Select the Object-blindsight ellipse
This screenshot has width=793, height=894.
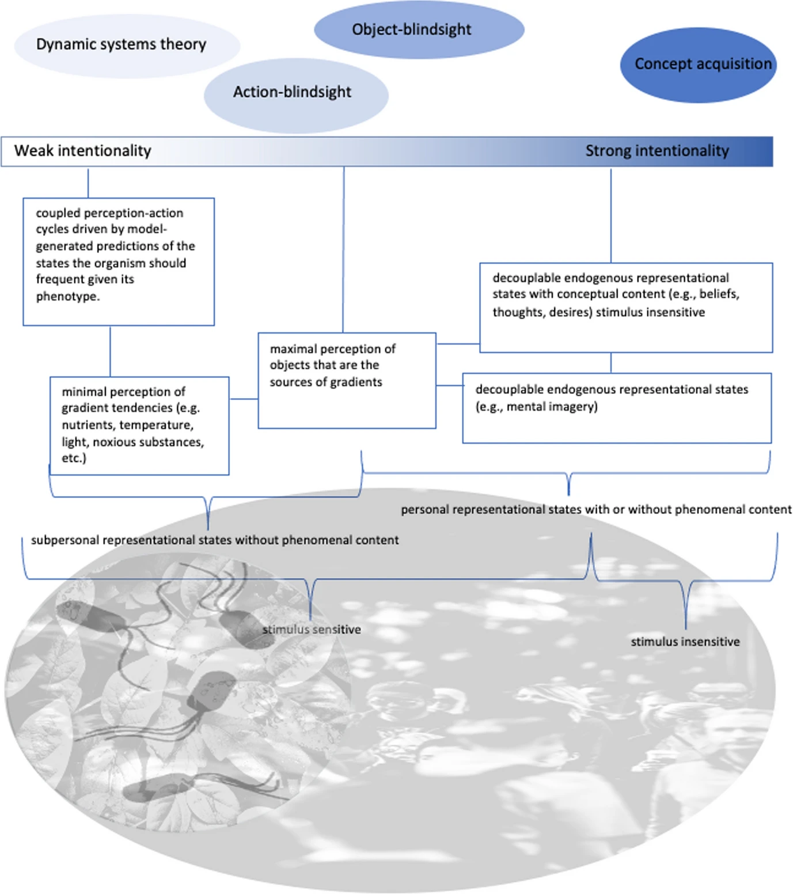click(x=419, y=29)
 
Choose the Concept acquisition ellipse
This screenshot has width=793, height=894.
click(x=698, y=65)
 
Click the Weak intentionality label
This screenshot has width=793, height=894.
click(x=83, y=151)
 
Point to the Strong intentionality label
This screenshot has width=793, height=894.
click(x=657, y=151)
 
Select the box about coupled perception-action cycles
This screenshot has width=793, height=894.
click(x=119, y=262)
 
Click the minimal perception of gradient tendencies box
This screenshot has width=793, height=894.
click(x=139, y=426)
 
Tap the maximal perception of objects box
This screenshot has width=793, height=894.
click(x=347, y=380)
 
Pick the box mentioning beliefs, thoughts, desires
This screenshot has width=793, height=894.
click(x=625, y=307)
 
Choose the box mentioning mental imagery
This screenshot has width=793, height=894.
click(x=616, y=408)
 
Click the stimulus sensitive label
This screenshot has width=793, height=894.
click(x=312, y=630)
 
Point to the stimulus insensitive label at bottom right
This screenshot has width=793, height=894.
click(x=685, y=642)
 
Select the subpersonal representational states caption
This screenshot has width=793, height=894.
click(x=215, y=540)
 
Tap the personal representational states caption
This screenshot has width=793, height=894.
click(x=595, y=510)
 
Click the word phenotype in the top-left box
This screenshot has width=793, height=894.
click(x=67, y=297)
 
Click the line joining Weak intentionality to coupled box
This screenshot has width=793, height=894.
click(x=88, y=183)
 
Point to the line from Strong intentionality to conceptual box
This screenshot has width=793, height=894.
click(x=610, y=215)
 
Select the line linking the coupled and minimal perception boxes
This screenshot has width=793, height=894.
click(x=110, y=351)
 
